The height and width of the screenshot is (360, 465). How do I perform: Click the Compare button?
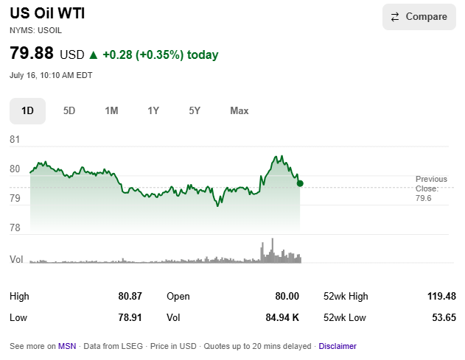[419, 17]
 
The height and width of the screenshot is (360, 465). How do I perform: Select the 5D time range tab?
[69, 111]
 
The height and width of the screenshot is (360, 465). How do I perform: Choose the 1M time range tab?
[111, 111]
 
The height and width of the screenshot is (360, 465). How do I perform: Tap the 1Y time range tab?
[153, 111]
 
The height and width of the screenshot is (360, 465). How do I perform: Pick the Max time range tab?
[240, 111]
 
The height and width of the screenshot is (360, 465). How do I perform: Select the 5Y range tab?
[195, 111]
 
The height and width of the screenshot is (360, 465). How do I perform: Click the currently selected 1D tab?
[27, 111]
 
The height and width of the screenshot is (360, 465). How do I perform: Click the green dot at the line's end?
[300, 184]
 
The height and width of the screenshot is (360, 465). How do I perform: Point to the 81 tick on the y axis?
[15, 139]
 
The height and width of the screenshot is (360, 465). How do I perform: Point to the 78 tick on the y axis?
[15, 227]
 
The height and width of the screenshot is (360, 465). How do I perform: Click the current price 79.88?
[32, 53]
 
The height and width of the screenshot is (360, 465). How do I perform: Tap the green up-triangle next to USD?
[94, 54]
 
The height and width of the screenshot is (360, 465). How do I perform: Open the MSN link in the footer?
[67, 346]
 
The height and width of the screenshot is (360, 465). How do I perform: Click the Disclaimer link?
[338, 346]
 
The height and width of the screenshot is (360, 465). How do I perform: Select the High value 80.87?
[130, 296]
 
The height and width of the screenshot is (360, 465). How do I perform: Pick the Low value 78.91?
[130, 317]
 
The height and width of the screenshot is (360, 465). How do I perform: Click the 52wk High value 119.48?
[441, 296]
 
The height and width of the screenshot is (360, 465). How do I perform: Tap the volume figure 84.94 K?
[282, 317]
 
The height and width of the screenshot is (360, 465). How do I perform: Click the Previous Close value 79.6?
[424, 198]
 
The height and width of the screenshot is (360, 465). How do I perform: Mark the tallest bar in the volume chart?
[273, 250]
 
